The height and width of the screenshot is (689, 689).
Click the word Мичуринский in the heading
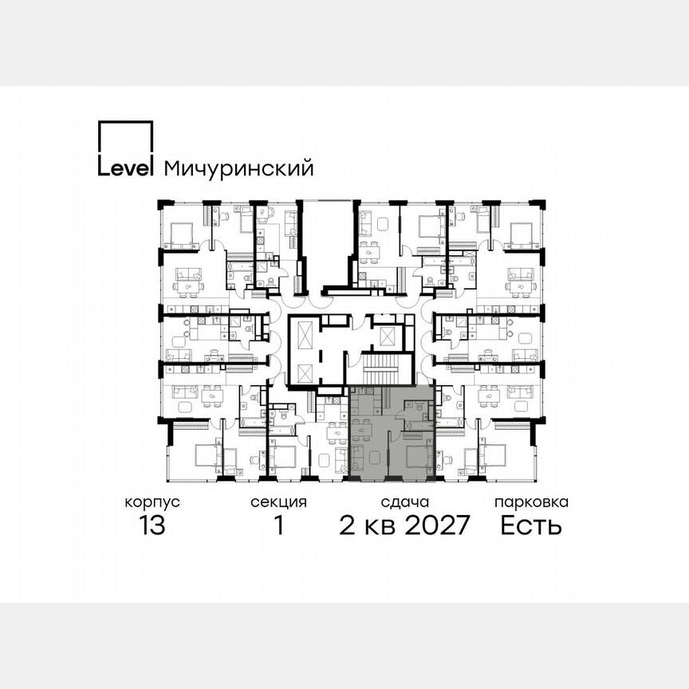pyautogui.click(x=238, y=168)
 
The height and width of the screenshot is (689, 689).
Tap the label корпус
pyautogui.click(x=152, y=502)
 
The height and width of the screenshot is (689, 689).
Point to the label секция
pyautogui.click(x=278, y=502)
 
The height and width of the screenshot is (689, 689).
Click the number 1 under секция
pyautogui.click(x=278, y=526)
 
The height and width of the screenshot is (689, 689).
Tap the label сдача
pyautogui.click(x=405, y=502)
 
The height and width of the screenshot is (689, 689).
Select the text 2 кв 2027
pyautogui.click(x=405, y=526)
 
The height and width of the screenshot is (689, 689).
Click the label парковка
pyautogui.click(x=531, y=502)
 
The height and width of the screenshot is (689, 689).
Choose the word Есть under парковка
pyautogui.click(x=531, y=526)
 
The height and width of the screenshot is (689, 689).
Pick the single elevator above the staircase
pyautogui.click(x=388, y=336)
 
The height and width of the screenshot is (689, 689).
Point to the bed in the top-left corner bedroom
pyautogui.click(x=180, y=233)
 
